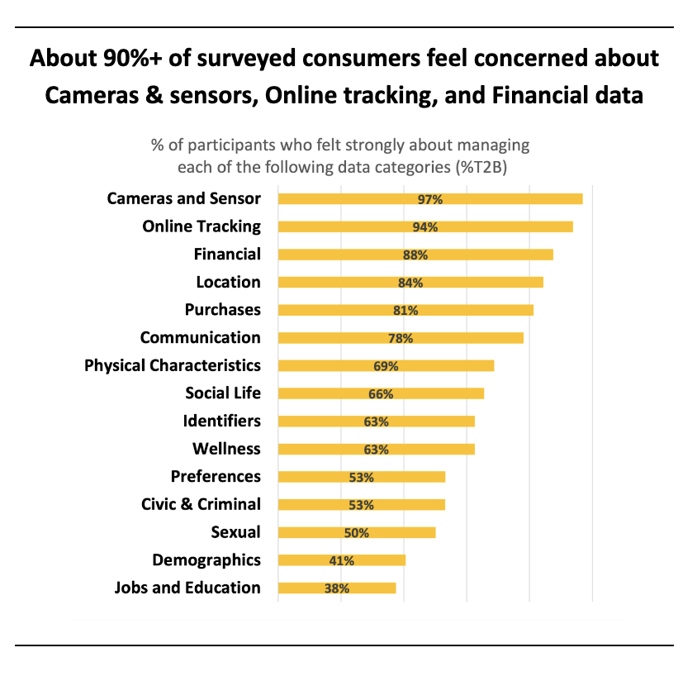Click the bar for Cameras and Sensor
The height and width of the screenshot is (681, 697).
(429, 198)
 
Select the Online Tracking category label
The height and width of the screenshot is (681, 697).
(201, 226)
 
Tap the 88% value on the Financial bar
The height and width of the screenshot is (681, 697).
(415, 255)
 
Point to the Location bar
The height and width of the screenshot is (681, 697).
(410, 282)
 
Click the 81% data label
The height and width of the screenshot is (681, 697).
(405, 310)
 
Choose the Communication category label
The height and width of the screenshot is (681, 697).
(200, 337)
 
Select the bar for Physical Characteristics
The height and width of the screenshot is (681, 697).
(386, 365)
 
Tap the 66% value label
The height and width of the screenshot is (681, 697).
(381, 393)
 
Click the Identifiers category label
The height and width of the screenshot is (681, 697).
(221, 421)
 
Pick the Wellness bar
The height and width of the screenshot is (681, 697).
(376, 449)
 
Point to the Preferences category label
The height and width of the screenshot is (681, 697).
(216, 476)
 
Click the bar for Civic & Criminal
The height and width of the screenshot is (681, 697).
(361, 504)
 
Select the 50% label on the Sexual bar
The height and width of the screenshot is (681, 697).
(356, 532)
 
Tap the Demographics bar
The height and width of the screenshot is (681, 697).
(341, 560)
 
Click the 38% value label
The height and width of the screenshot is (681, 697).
(337, 588)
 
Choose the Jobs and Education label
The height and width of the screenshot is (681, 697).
(187, 588)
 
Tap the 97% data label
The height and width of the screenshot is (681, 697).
(430, 199)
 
